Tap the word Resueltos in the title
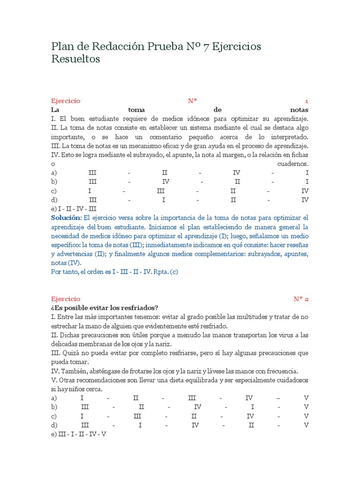tap(75, 60)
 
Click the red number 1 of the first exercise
tap(307, 101)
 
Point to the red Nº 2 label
tap(301, 299)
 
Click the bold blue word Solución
tap(66, 218)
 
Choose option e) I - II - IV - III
tap(74, 209)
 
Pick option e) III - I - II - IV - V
tap(79, 434)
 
